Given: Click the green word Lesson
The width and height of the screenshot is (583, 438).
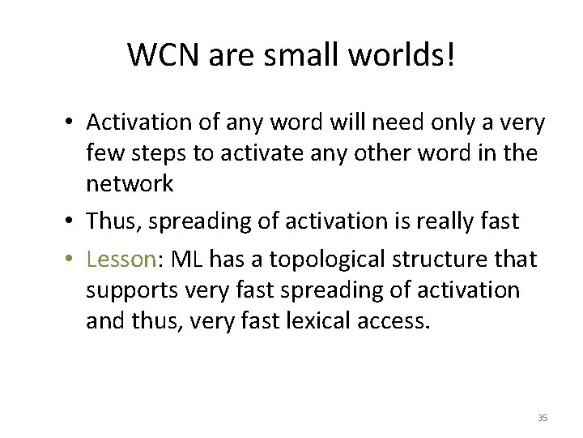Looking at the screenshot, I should point(121,260).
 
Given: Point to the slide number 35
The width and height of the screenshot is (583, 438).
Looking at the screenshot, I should point(542,417).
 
